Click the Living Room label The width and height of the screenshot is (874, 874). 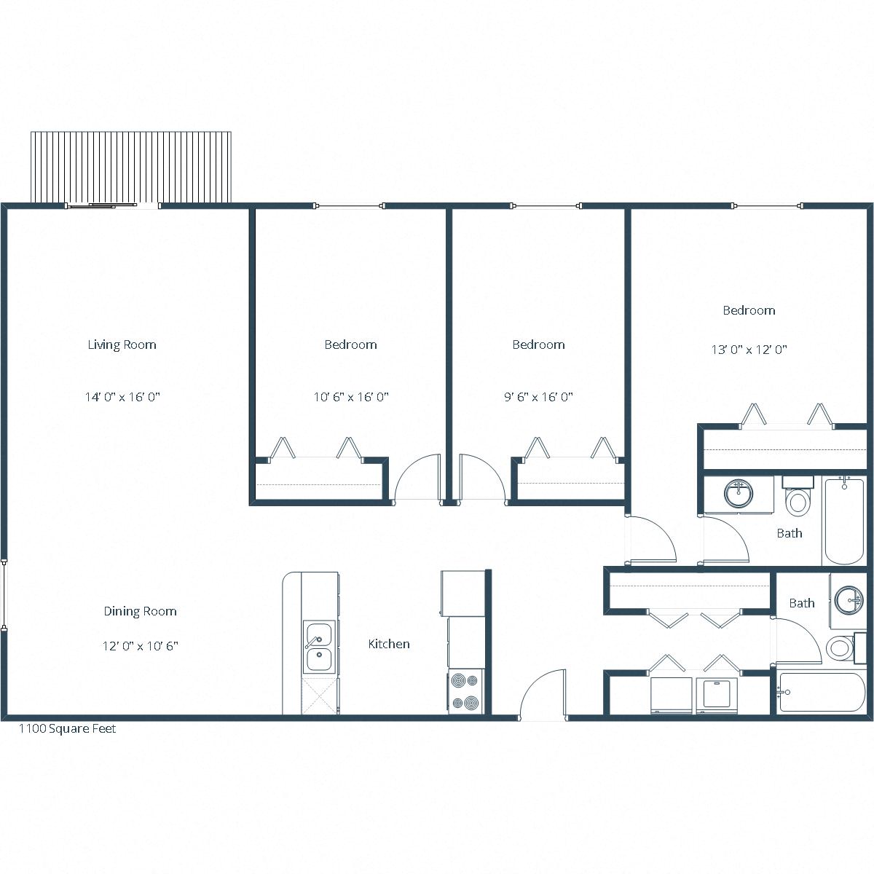click(x=122, y=345)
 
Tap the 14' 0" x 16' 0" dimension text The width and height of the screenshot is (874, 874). click(x=122, y=397)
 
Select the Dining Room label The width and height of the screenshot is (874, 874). click(x=140, y=611)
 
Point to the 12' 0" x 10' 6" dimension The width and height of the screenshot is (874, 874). click(x=140, y=645)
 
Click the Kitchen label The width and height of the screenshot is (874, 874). click(x=388, y=644)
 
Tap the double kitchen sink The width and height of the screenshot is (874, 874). click(x=318, y=647)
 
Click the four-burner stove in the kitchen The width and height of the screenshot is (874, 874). click(x=465, y=691)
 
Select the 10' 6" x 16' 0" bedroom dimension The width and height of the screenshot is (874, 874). click(x=350, y=397)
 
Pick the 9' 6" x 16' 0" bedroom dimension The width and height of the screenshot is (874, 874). click(x=538, y=397)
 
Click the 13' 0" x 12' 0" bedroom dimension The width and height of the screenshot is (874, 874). click(x=749, y=350)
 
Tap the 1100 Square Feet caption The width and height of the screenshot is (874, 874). click(x=67, y=728)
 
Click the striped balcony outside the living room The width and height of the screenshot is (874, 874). click(x=131, y=167)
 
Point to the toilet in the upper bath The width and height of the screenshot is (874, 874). click(x=798, y=498)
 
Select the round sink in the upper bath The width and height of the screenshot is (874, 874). click(x=739, y=493)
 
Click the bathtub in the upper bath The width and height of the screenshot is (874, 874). click(x=843, y=520)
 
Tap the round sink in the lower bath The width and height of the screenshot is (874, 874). click(x=848, y=601)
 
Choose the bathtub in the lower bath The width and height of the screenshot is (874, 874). click(x=821, y=692)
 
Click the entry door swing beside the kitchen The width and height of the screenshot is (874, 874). click(x=543, y=696)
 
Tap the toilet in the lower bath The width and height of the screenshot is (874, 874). click(x=841, y=647)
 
